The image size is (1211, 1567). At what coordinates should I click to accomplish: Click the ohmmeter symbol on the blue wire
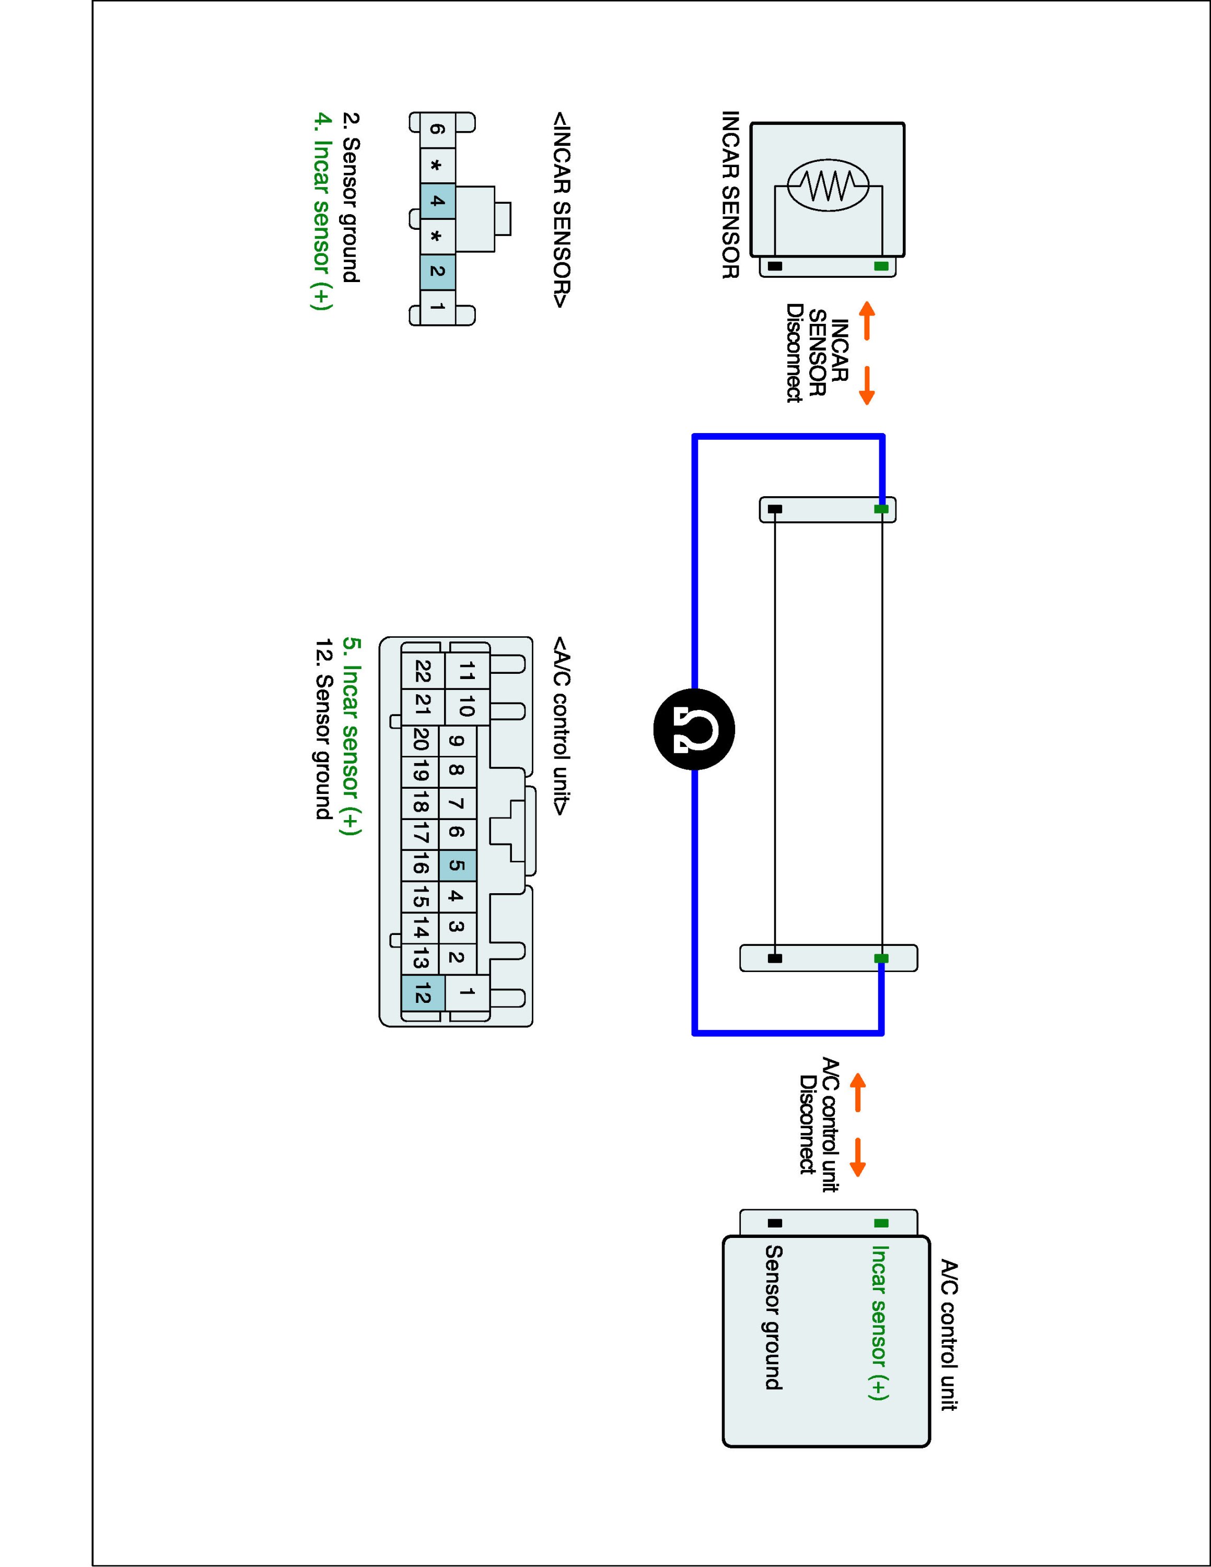pos(694,729)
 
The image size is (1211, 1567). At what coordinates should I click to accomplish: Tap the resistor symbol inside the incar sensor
pos(828,185)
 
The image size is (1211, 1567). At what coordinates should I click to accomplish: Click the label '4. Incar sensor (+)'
pos(322,211)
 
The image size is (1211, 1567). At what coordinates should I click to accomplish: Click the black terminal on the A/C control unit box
pos(775,1223)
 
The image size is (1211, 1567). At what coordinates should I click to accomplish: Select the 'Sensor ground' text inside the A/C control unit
pos(773,1317)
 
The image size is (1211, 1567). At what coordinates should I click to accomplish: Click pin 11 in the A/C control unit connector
pos(467,672)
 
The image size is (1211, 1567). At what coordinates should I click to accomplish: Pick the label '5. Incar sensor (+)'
pos(351,736)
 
